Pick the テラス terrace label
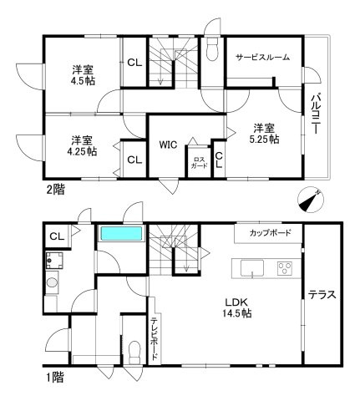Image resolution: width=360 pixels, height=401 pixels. [322, 294]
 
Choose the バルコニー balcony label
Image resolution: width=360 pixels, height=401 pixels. [317, 116]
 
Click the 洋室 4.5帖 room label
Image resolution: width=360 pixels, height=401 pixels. [83, 75]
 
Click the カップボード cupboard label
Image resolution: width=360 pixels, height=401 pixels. [270, 231]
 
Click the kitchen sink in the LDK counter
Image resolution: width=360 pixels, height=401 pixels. [252, 268]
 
